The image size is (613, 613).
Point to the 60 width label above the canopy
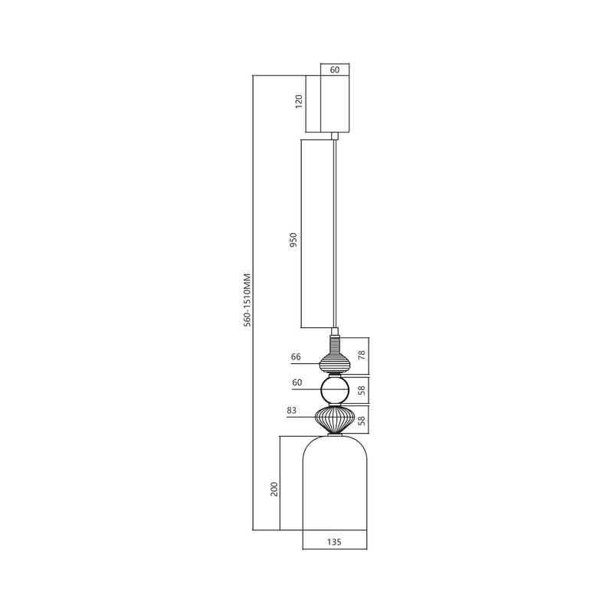coord(335,69)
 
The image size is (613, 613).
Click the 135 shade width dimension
coord(334,542)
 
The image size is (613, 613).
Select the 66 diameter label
coord(297,357)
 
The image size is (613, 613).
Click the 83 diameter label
coord(291,411)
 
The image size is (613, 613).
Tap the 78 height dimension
coord(362,356)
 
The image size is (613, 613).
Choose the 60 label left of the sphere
coord(297,382)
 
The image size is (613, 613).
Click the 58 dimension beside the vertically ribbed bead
coord(362,419)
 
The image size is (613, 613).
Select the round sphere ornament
coord(335,391)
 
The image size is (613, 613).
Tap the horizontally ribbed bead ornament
coord(335,361)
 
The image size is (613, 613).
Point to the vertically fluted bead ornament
coord(335,419)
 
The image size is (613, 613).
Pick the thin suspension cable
coord(335,230)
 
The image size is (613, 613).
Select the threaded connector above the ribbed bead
coord(335,339)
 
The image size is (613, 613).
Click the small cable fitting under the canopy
coord(335,136)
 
